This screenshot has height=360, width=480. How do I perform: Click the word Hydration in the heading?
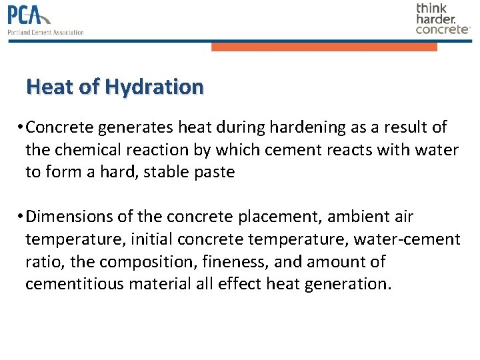[154, 87]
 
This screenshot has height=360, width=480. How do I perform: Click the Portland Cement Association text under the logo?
[45, 32]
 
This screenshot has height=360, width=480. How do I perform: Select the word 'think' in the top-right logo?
[432, 8]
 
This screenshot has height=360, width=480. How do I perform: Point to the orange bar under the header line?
[324, 47]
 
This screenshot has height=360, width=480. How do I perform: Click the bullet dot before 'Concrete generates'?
[22, 127]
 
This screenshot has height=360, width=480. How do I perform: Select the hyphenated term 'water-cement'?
[407, 239]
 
